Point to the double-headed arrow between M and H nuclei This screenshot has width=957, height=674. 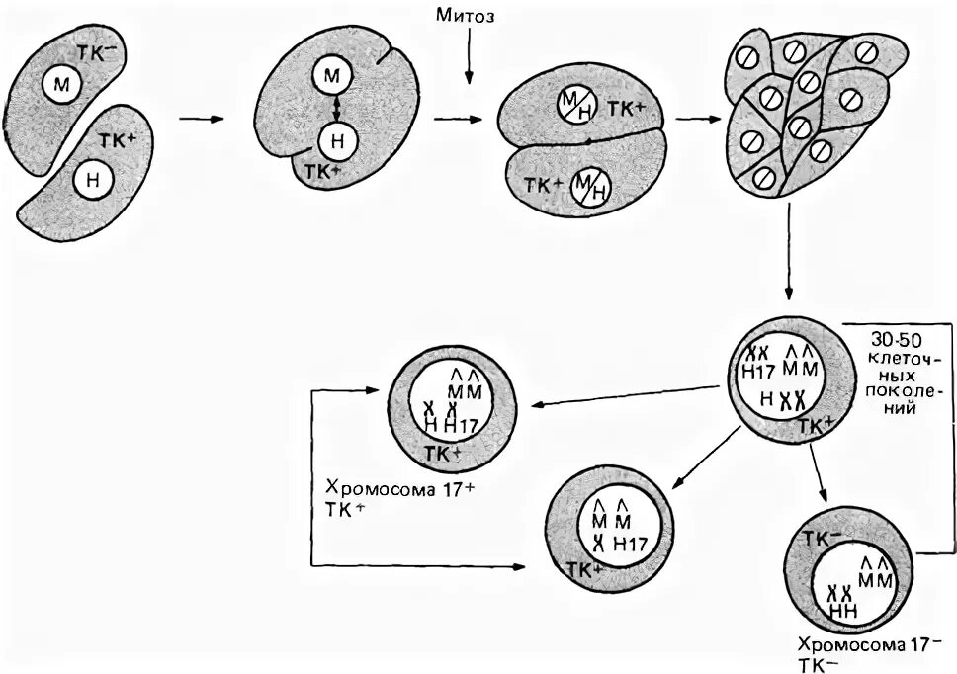(x=336, y=107)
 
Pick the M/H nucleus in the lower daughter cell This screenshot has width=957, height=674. (x=590, y=184)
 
